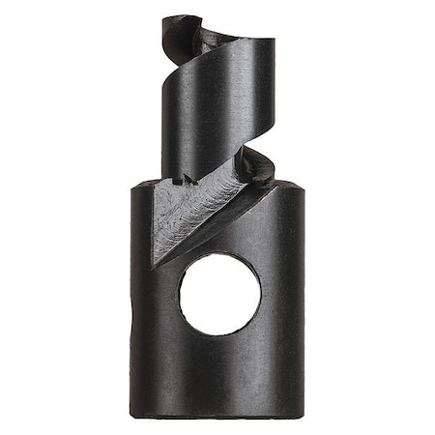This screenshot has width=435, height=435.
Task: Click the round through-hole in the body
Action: pos(218,295)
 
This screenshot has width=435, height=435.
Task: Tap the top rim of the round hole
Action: pos(218,255)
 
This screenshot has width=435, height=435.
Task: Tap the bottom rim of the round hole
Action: pos(218,335)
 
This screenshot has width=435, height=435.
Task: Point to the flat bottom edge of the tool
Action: pos(217,414)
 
